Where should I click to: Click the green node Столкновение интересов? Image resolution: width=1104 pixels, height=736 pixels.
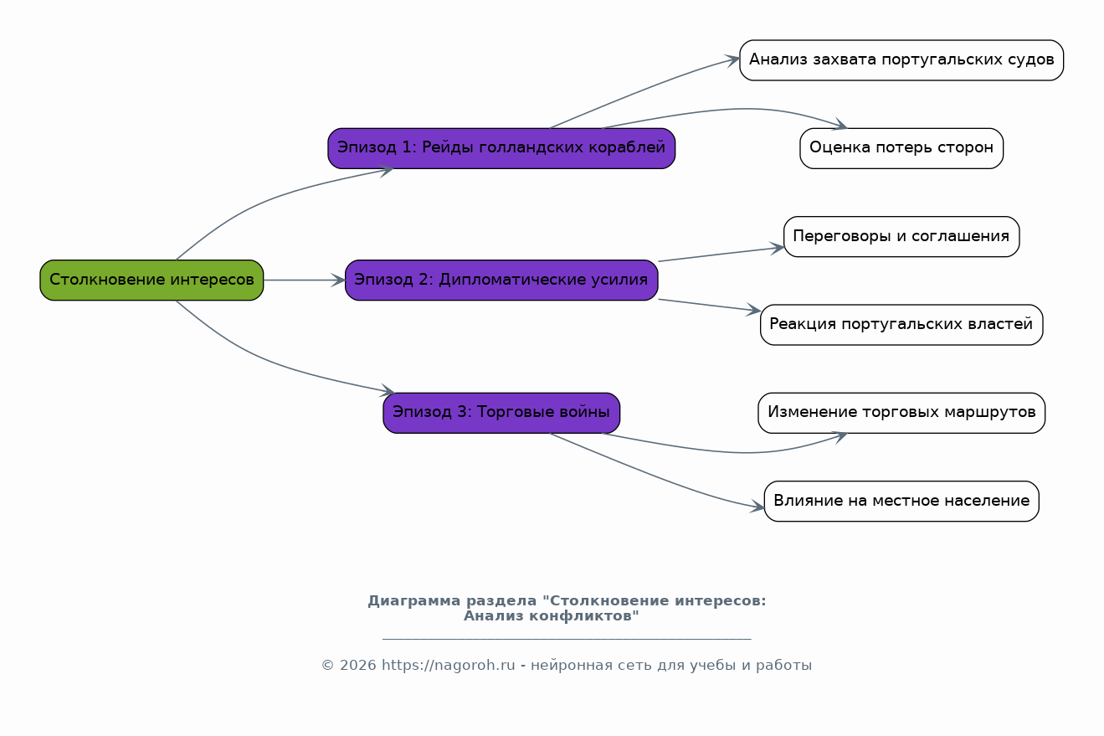[x=151, y=280]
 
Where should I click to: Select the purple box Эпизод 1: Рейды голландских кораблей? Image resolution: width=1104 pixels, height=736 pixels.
[x=501, y=148]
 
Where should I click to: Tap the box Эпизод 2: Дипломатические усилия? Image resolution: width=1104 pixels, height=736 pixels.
[x=501, y=280]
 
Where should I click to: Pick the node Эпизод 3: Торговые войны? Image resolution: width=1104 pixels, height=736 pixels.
[x=501, y=413]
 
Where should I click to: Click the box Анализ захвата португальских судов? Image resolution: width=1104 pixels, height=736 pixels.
[x=901, y=60]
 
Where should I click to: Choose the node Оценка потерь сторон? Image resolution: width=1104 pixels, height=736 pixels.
[x=901, y=148]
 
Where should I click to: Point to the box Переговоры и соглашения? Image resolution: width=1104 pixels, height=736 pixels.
[x=901, y=237]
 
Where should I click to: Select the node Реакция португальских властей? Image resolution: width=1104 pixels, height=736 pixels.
[x=901, y=324]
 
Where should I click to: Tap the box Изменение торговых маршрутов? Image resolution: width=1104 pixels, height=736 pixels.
[x=901, y=413]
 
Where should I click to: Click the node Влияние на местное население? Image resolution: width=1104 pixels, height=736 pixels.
[x=901, y=501]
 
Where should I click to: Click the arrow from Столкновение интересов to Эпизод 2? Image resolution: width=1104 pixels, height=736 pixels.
[x=304, y=280]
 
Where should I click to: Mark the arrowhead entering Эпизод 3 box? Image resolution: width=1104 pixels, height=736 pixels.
[x=387, y=390]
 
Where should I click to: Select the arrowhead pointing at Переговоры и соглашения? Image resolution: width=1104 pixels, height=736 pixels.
[x=777, y=248]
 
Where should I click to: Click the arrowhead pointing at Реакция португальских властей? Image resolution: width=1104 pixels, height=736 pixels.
[x=753, y=310]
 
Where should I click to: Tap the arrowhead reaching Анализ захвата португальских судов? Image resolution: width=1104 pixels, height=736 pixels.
[x=732, y=60]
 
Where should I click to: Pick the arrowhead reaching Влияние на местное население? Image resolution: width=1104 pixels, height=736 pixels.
[x=757, y=507]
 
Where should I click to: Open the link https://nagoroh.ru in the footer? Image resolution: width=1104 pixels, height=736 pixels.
[x=448, y=666]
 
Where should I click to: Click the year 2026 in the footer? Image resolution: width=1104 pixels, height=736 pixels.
[x=357, y=666]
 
